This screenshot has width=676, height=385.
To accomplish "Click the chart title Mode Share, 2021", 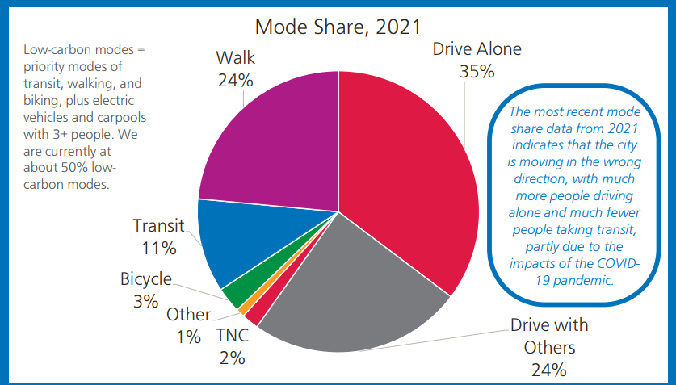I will (x=338, y=27).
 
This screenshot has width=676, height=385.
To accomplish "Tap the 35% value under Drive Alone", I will (x=477, y=72).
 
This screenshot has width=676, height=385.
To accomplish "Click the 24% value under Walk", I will (x=236, y=81).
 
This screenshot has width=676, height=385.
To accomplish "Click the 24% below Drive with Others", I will (x=548, y=370).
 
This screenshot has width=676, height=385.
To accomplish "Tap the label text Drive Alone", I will (x=477, y=48).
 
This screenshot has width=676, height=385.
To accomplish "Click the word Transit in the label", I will (x=159, y=225).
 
